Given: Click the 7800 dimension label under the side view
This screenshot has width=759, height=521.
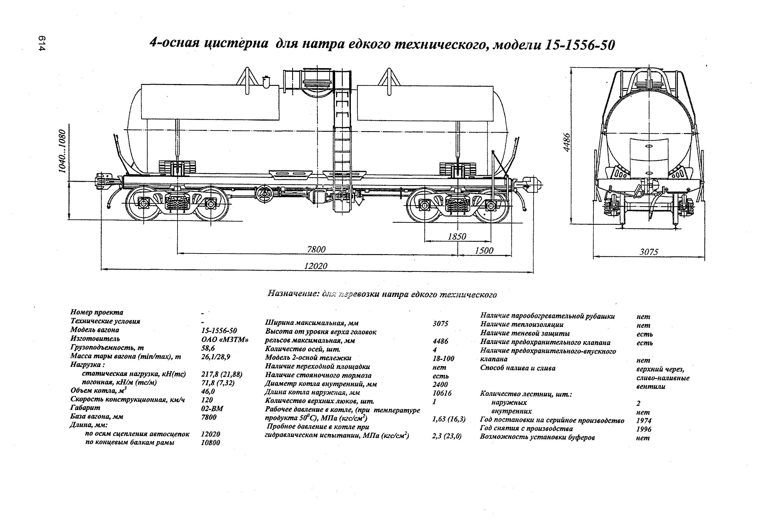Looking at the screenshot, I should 316,250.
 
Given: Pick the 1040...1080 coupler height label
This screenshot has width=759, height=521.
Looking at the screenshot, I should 62,151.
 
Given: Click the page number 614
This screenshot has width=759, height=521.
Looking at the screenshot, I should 42,43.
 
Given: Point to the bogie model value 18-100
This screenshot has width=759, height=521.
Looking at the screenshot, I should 443,359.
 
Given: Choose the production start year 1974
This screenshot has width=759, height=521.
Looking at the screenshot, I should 643,421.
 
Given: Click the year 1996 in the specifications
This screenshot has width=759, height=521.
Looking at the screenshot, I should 643,429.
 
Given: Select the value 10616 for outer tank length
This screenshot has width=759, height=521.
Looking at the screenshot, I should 442,393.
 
